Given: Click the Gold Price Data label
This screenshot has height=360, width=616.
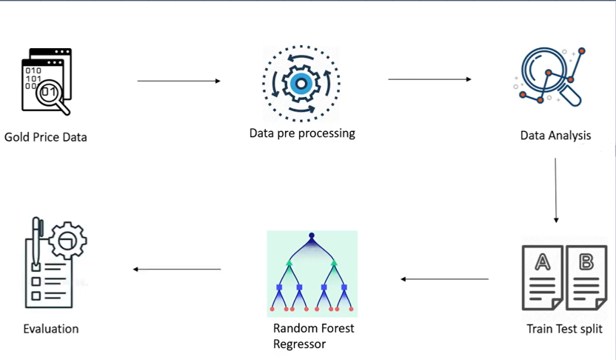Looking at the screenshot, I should pyautogui.click(x=45, y=137).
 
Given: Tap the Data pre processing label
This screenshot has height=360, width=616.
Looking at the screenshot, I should pyautogui.click(x=302, y=133).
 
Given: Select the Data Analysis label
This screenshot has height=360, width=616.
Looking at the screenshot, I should pyautogui.click(x=555, y=136).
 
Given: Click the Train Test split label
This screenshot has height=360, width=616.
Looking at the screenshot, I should pyautogui.click(x=564, y=329).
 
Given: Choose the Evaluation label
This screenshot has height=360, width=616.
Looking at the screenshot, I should pyautogui.click(x=50, y=329).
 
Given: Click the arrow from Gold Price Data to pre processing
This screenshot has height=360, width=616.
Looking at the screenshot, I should pyautogui.click(x=179, y=81).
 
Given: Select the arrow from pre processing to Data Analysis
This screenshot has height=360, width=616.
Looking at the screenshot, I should pyautogui.click(x=429, y=79).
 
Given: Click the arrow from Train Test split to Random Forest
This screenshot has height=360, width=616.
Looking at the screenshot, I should pyautogui.click(x=444, y=279).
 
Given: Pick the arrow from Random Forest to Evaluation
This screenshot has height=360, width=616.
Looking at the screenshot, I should pyautogui.click(x=177, y=269).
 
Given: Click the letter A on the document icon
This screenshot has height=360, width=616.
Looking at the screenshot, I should pyautogui.click(x=542, y=261).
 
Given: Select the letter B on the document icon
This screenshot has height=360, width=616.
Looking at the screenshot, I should pyautogui.click(x=586, y=261).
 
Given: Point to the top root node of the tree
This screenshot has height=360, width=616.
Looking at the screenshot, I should pyautogui.click(x=312, y=236).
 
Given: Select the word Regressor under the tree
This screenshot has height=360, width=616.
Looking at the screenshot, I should pyautogui.click(x=300, y=344).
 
